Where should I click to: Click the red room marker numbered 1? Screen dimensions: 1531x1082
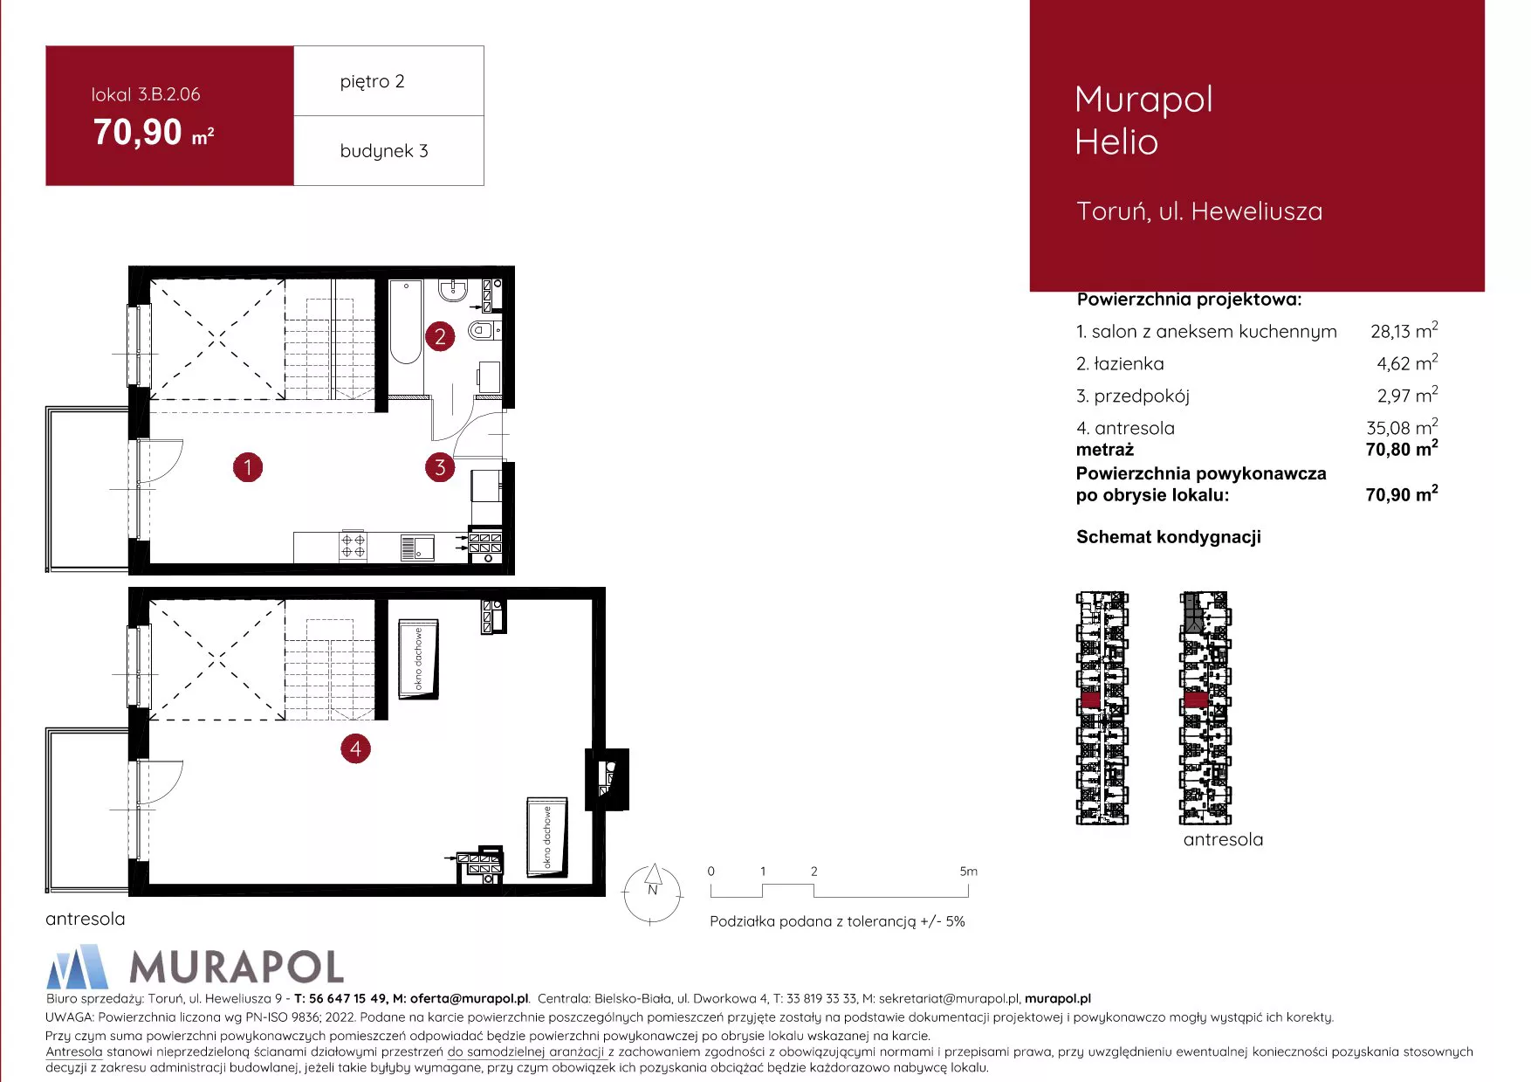pos(248,467)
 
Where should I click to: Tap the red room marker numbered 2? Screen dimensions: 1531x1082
pos(440,336)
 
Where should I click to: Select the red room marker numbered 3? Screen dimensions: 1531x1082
pos(440,467)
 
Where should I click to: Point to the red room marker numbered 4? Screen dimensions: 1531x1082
pos(355,748)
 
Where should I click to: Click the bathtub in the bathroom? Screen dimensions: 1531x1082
pos(405,322)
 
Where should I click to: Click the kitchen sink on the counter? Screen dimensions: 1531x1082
pos(417,548)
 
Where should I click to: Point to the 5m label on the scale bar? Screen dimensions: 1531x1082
pos(968,872)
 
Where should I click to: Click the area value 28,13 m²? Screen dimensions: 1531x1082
pos(1404,330)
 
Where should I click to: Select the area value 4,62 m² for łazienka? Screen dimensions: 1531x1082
pos(1407,362)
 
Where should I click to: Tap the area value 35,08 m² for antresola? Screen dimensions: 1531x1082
pos(1402,427)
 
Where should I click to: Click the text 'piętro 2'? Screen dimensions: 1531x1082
pos(372,81)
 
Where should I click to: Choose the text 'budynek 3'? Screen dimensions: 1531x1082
pos(384,150)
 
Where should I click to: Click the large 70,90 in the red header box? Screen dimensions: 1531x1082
pos(138,132)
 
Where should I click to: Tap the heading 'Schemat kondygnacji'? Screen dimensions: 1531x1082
pos(1168,537)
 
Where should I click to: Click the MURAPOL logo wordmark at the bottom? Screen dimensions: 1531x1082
pos(237,967)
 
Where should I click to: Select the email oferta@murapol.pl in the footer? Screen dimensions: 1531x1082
pos(470,998)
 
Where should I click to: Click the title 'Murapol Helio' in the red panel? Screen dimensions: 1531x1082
pos(1143,121)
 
